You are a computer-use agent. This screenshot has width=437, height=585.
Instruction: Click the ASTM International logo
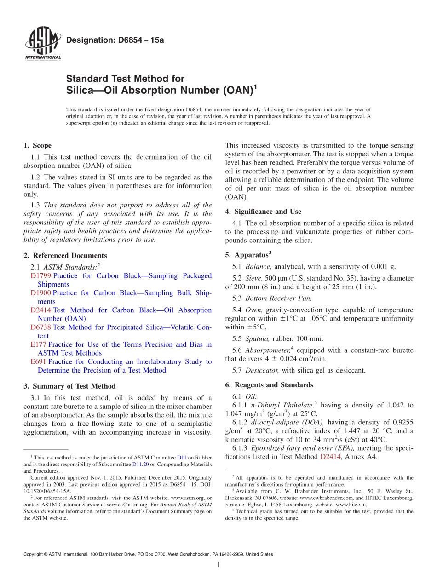point(42,44)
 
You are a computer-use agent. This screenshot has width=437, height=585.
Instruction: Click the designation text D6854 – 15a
point(115,40)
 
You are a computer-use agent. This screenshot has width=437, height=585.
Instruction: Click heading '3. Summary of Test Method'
point(69,386)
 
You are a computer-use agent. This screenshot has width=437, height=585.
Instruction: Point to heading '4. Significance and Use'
point(263,212)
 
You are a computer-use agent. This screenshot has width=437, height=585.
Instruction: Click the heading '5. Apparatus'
point(248,255)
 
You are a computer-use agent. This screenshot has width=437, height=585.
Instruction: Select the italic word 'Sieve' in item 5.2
point(253,278)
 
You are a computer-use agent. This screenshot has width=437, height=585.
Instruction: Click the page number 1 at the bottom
point(218,565)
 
